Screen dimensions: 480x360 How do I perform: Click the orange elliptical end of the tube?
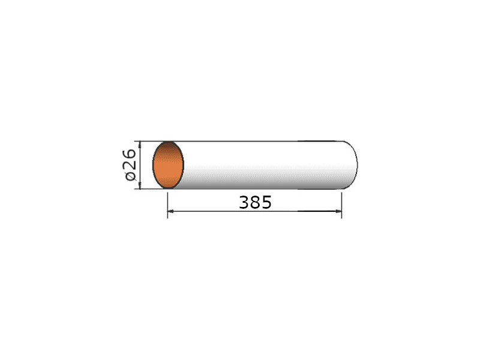(168, 166)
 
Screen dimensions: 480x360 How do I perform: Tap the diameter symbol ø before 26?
(130, 176)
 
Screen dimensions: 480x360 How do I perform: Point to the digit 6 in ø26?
(130, 154)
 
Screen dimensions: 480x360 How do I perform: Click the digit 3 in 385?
(244, 202)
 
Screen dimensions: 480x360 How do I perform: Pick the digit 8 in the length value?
(255, 202)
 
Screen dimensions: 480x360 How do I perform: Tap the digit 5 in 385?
(266, 202)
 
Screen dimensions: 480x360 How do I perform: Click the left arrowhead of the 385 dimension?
(171, 211)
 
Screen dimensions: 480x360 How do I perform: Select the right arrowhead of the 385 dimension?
(338, 211)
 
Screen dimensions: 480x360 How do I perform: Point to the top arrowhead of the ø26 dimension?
(140, 145)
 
